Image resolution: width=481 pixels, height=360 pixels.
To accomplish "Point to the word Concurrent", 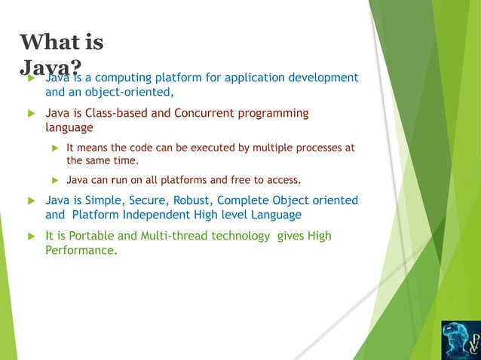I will click(206, 113).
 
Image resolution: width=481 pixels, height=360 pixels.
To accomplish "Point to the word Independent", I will click(164, 215).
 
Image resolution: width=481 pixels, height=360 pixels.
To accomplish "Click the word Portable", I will click(93, 236).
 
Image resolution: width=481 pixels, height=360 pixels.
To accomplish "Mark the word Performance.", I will click(81, 251).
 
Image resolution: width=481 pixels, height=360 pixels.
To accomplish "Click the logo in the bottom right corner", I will click(459, 339).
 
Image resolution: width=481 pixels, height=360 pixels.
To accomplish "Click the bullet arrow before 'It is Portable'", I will click(31, 236).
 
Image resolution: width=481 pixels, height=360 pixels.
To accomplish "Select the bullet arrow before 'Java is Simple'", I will click(31, 200).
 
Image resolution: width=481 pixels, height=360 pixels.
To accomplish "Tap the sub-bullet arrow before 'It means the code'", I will click(54, 148).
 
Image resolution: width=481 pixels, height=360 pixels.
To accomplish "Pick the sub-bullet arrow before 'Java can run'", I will click(54, 181).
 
